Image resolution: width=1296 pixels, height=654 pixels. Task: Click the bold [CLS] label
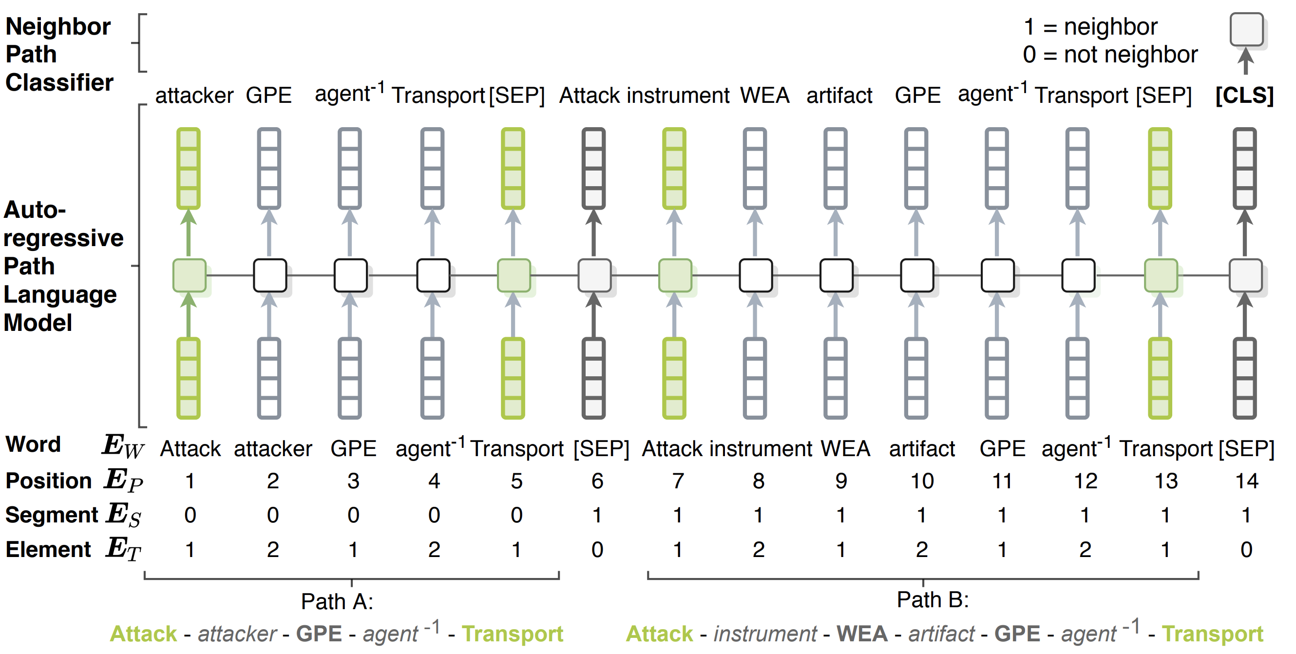pos(1244,95)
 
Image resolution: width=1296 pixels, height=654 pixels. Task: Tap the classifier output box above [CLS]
pos(1246,29)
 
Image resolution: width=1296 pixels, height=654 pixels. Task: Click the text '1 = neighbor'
pos(1090,27)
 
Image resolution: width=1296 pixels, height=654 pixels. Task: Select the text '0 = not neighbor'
pos(1110,54)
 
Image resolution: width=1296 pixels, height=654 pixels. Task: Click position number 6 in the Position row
pos(597,481)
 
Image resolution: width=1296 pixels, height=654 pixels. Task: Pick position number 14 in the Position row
pos(1247,481)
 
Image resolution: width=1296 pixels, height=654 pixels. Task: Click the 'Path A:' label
pos(337,601)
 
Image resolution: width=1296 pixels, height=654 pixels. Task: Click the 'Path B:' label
pos(932,599)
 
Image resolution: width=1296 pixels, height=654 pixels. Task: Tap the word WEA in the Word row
pos(845,449)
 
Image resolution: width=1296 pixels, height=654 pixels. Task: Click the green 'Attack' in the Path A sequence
pos(143,634)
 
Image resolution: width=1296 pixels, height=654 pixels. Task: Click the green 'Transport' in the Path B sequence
pos(1213,634)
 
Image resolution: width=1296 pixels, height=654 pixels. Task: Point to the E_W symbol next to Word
pos(123,446)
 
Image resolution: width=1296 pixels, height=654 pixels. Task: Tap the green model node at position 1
pos(189,275)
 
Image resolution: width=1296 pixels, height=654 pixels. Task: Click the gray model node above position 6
pos(594,275)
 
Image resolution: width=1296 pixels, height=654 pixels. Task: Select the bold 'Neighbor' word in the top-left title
pos(58,26)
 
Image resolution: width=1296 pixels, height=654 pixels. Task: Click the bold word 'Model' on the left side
pos(38,323)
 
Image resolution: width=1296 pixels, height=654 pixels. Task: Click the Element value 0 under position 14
pos(1246,549)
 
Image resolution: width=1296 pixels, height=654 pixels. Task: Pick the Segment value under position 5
pos(516,515)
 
